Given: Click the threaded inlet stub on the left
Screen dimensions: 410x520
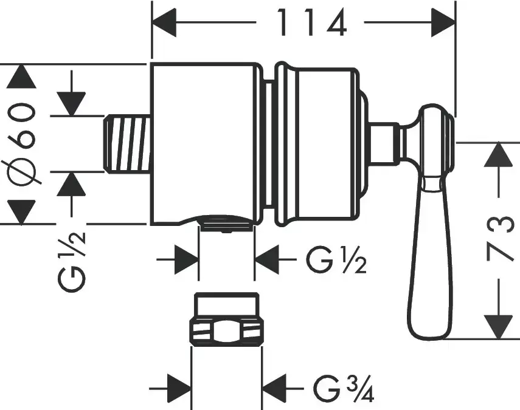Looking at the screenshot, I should pos(127,143).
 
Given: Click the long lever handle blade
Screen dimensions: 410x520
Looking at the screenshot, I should pos(430,261).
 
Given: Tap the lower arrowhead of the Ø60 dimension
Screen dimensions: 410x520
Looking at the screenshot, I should pos(23,211).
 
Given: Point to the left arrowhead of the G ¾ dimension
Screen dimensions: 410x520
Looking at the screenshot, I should pos(179,385).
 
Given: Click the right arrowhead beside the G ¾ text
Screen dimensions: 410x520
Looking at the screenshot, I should pos(276,385).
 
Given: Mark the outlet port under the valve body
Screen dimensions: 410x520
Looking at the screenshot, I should pos(226,224).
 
